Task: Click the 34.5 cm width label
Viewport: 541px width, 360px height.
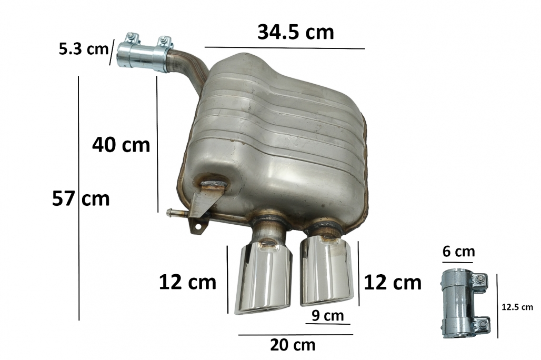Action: pyautogui.click(x=296, y=32)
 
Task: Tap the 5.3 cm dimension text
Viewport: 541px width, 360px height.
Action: pyautogui.click(x=84, y=49)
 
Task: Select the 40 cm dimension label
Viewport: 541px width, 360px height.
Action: pyautogui.click(x=121, y=145)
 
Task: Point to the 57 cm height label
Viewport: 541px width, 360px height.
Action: pyautogui.click(x=81, y=198)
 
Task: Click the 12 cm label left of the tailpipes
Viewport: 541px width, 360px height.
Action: pyautogui.click(x=187, y=282)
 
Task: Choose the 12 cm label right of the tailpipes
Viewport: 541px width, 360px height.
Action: pyautogui.click(x=393, y=282)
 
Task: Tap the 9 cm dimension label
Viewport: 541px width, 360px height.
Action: pyautogui.click(x=328, y=315)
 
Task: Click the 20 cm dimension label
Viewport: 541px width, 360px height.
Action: pyautogui.click(x=293, y=345)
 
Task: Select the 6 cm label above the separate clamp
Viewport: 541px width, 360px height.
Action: pyautogui.click(x=458, y=252)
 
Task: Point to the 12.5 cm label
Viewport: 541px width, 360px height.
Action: pyautogui.click(x=517, y=307)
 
